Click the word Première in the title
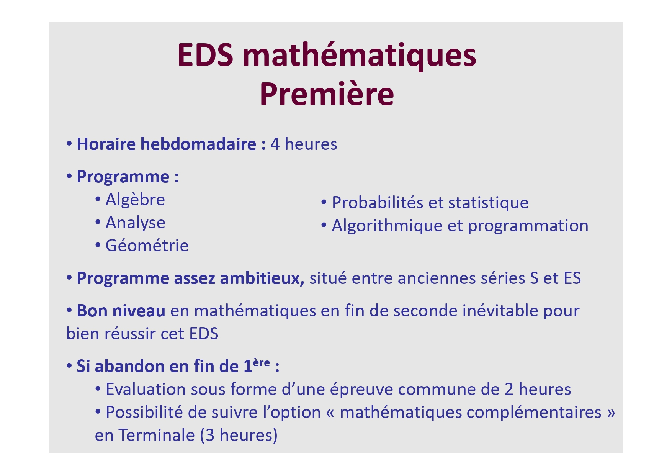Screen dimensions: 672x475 coord(327,95)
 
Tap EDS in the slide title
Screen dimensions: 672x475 coord(206,55)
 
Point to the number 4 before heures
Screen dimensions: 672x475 coord(275,144)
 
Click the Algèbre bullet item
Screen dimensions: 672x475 coord(135,200)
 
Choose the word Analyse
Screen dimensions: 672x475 coord(135,223)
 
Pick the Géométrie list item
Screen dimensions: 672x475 coord(147,246)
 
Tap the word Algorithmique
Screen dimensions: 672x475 coord(387,226)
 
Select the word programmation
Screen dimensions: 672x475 coord(528,226)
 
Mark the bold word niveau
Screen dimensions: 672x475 coord(139,311)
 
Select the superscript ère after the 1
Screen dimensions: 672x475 coord(262,362)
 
